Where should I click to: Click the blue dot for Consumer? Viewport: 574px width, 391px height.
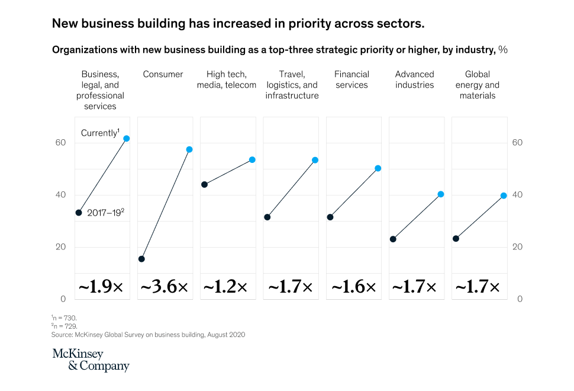[189, 149]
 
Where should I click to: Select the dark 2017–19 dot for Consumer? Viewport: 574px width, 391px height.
[141, 259]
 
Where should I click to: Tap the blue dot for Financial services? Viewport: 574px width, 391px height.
[378, 168]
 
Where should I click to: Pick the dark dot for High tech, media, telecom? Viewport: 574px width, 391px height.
[204, 184]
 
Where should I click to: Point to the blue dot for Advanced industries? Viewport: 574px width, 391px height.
[440, 194]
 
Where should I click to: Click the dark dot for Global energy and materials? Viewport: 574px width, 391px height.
[456, 239]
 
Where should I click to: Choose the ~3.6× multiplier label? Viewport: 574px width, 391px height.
[164, 287]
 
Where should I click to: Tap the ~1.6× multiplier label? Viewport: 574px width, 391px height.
[353, 287]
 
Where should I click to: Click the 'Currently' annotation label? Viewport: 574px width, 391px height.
[99, 133]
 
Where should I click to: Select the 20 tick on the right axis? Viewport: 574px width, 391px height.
[517, 247]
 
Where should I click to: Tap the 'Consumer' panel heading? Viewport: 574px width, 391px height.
[163, 75]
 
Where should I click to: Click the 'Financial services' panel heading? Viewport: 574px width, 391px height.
[352, 79]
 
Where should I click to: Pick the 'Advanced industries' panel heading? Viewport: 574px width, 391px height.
[414, 79]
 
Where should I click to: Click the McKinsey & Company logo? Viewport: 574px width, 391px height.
[91, 360]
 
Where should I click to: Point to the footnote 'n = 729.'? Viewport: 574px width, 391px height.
[65, 326]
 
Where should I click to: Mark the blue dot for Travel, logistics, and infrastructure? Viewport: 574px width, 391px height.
[315, 160]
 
